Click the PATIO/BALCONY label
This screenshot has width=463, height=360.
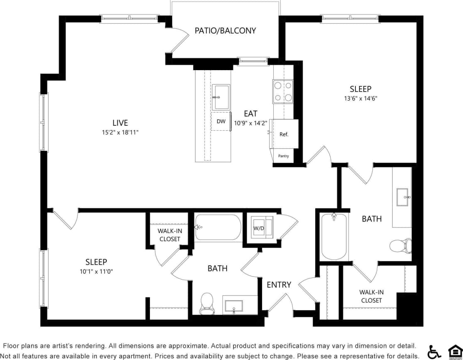point(225,31)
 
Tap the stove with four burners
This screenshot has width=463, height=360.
point(283,91)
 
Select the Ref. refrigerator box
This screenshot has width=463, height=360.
point(284,134)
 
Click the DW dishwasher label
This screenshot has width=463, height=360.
point(221,121)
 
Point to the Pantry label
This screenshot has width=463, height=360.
point(284,156)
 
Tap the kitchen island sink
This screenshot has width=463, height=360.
point(221,97)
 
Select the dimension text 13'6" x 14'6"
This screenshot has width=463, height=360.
point(360,98)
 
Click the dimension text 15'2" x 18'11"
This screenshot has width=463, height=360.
point(120,132)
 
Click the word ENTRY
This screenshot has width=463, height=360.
point(279,285)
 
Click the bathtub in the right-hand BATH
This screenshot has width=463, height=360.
point(334,236)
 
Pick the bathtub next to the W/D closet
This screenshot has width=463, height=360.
point(218,227)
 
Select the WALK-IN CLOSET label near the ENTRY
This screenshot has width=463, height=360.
point(371,296)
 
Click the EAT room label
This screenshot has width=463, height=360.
point(250,113)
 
